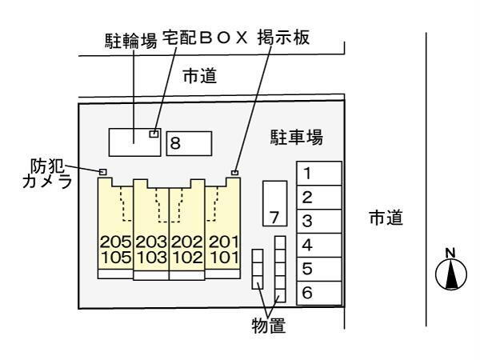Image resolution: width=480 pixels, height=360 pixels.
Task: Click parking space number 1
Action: pos(319,174)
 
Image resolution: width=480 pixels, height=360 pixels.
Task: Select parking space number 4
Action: pos(319,246)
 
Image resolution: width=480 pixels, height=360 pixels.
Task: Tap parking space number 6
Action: pos(319,293)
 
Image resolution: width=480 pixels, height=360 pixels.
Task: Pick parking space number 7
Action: pos(275,203)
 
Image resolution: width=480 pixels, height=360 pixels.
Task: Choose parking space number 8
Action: pos(189,143)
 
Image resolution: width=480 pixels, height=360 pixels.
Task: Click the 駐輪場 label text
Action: pos(131,41)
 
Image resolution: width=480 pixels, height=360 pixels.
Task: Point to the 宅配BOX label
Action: pos(205,38)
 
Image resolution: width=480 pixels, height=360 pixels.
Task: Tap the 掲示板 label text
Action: pos(283,38)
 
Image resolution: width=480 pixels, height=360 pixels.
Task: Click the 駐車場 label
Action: pos(296,137)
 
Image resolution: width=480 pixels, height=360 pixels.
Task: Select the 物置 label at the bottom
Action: pos(269,326)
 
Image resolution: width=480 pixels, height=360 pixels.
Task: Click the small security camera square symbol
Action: pos(103,172)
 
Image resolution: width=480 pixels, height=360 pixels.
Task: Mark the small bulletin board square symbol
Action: pos(234,173)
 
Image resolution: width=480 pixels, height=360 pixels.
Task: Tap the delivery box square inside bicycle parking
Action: pos(154,134)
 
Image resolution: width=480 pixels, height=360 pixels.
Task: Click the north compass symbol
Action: pos(451,270)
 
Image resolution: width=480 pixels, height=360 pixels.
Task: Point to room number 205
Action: pos(116,242)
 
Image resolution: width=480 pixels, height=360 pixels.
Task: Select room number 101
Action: pos(224,257)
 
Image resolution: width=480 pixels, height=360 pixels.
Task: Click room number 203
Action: pos(151,242)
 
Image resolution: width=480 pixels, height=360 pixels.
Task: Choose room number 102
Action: pos(187,257)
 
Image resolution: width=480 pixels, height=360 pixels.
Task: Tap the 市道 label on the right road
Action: pos(386,218)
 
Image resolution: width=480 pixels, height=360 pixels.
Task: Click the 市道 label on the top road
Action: pos(200,76)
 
